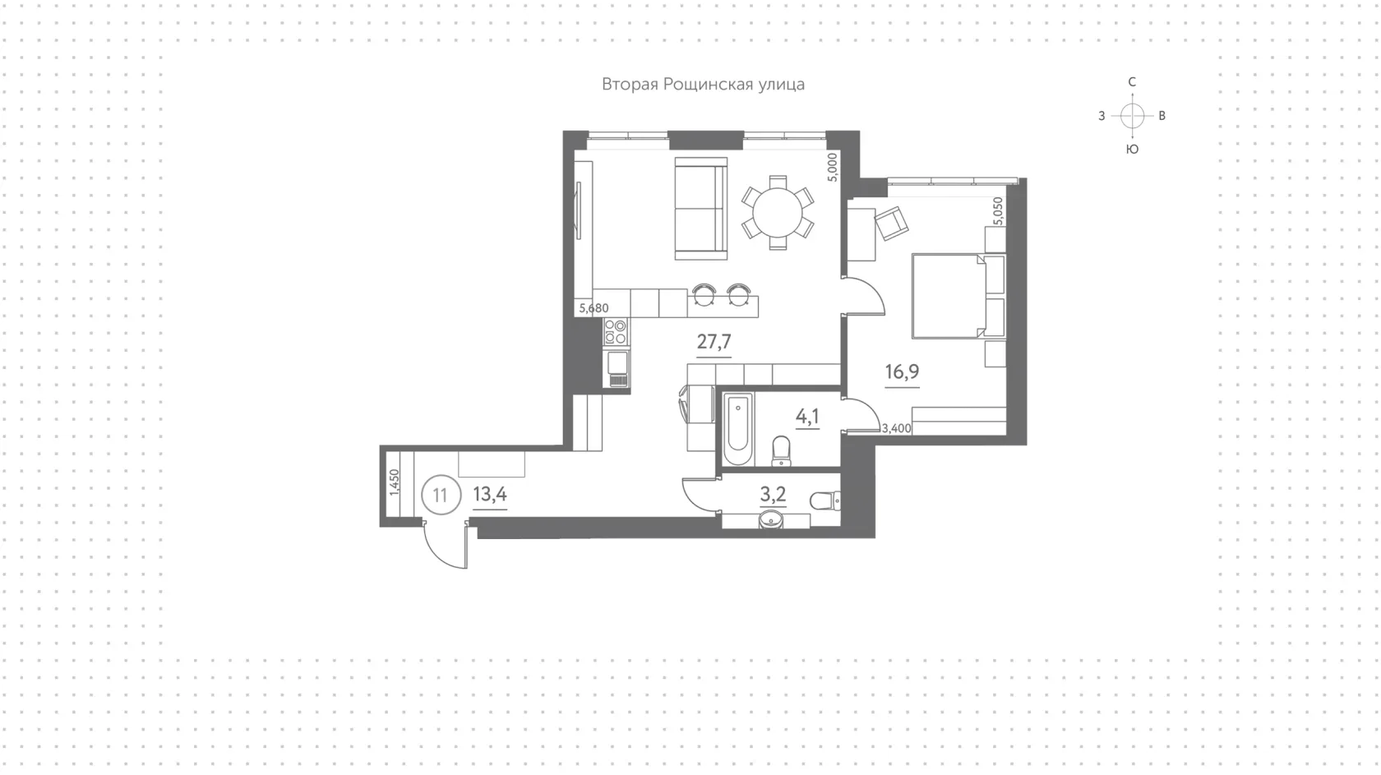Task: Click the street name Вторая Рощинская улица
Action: pyautogui.click(x=703, y=85)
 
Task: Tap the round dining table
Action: pyautogui.click(x=778, y=212)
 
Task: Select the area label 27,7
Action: pyautogui.click(x=714, y=341)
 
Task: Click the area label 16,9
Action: pyautogui.click(x=902, y=371)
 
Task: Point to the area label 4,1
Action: pyautogui.click(x=807, y=417)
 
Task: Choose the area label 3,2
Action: pyautogui.click(x=773, y=494)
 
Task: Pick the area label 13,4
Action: pyautogui.click(x=490, y=494)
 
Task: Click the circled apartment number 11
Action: pyautogui.click(x=441, y=495)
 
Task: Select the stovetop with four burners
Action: pyautogui.click(x=616, y=331)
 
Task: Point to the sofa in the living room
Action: pyautogui.click(x=701, y=209)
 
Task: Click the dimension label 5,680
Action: pyautogui.click(x=594, y=308)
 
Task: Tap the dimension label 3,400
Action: pyautogui.click(x=896, y=428)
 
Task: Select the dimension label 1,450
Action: pyautogui.click(x=395, y=482)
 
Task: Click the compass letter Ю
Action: pyautogui.click(x=1132, y=150)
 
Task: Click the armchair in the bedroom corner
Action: pyautogui.click(x=891, y=223)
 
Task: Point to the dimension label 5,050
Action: pyautogui.click(x=998, y=211)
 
